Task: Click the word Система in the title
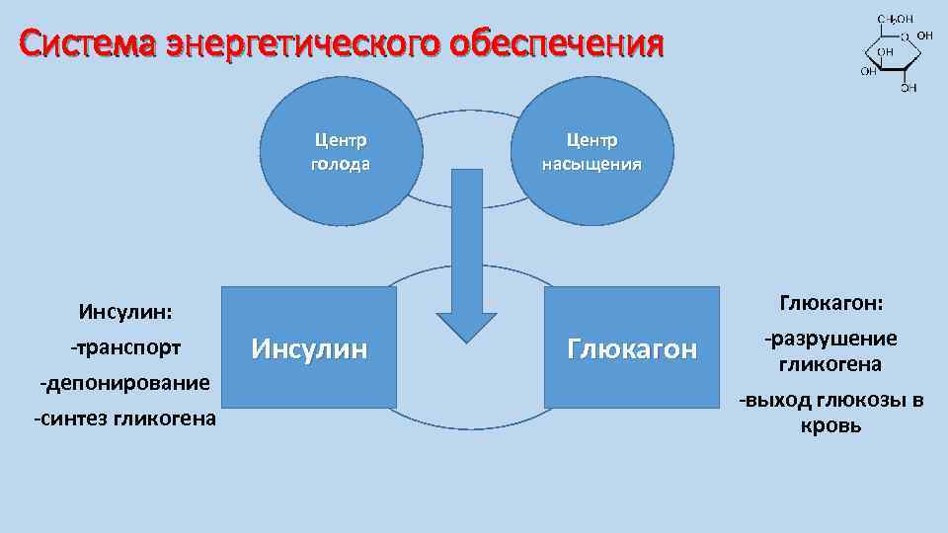pos(88,43)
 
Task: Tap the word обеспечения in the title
pos(557,43)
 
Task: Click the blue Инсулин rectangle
pos(309,347)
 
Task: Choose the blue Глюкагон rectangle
pos(633,347)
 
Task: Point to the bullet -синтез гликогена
pos(125,419)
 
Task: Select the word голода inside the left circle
pos(341,164)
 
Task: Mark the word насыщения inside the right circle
pos(592,164)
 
